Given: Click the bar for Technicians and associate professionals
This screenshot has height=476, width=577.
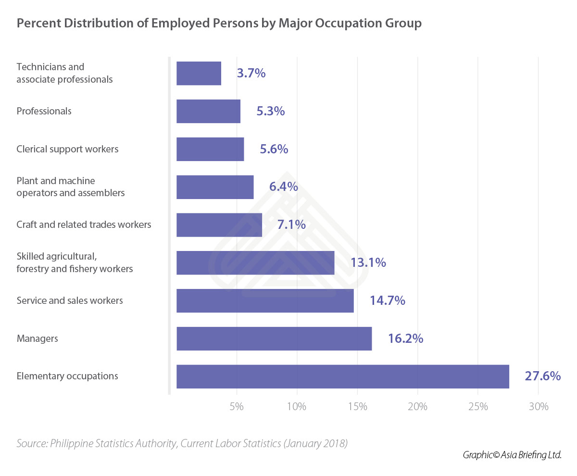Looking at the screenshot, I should click(199, 73).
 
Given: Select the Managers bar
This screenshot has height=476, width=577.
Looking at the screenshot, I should click(274, 338).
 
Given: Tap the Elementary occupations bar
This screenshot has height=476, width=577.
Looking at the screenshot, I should click(342, 376).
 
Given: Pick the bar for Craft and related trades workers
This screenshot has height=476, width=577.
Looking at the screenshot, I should click(219, 225).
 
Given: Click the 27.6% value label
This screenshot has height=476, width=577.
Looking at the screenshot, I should click(542, 376).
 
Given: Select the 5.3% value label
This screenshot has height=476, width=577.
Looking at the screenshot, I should click(270, 111).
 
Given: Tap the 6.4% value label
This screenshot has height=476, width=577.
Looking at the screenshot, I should click(283, 187).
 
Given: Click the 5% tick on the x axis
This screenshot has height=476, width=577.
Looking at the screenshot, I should click(237, 407).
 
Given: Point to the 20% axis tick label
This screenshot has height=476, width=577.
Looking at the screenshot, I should click(417, 407).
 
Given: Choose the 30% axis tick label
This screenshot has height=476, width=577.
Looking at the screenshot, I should click(539, 407).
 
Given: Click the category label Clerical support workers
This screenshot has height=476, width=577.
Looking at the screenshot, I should click(67, 149).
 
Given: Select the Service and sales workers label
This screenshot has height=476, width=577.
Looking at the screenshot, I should click(70, 301).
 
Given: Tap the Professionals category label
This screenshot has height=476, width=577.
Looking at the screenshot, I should click(44, 111).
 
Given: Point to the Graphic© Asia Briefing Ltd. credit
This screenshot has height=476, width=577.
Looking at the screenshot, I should click(512, 455).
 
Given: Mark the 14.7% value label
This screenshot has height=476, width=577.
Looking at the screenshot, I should click(387, 301).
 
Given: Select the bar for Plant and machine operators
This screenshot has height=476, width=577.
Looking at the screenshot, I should click(215, 187).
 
